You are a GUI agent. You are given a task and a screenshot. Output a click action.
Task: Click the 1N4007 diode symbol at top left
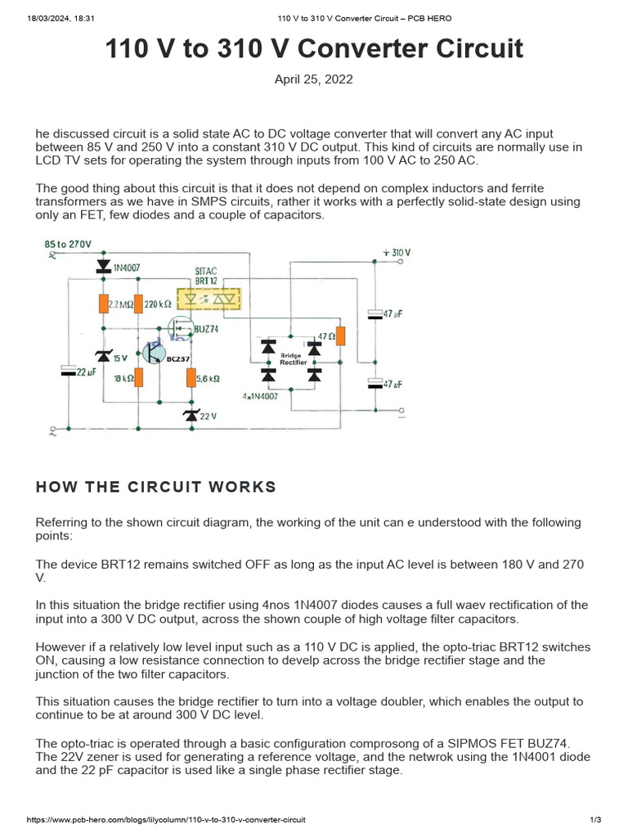pos(104,266)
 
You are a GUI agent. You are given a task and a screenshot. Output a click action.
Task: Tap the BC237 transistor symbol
pos(153,352)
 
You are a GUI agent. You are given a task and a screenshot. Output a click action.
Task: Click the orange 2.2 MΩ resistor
pos(104,304)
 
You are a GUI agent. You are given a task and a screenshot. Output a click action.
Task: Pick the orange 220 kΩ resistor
pos(138,304)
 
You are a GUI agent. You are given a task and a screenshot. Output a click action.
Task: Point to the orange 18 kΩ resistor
pos(138,377)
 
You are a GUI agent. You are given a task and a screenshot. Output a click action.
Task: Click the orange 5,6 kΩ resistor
pos(191,377)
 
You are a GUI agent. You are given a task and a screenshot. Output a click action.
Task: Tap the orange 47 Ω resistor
pos(341,336)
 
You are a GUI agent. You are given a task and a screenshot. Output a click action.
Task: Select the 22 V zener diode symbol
pos(191,416)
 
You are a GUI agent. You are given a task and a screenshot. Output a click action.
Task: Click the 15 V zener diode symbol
pos(104,356)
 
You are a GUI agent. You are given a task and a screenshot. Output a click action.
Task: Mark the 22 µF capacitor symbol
pos(68,372)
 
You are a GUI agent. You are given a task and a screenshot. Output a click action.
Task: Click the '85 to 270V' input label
pos(68,244)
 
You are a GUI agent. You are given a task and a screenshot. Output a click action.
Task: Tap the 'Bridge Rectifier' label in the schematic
pos(294,358)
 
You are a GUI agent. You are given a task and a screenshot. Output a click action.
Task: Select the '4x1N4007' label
pos(261,395)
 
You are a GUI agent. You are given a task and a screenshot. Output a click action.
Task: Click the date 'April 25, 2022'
pos(314,79)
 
